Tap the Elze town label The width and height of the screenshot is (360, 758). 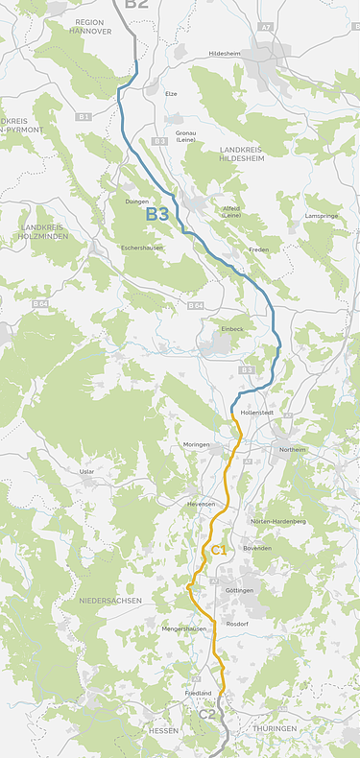[171, 94]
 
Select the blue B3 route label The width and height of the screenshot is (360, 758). [157, 215]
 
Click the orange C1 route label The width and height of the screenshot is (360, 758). [218, 550]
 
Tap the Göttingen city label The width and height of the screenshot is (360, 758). [240, 589]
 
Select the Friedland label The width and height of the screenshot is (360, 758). [198, 692]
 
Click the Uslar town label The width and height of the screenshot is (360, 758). [87, 471]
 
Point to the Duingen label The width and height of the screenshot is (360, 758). [137, 201]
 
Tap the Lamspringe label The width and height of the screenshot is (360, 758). [322, 216]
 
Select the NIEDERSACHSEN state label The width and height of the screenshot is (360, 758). [105, 601]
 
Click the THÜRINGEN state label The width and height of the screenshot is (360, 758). [276, 729]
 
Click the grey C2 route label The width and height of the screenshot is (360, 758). [208, 715]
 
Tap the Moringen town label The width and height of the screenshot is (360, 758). [197, 445]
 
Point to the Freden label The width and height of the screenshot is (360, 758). [259, 249]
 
